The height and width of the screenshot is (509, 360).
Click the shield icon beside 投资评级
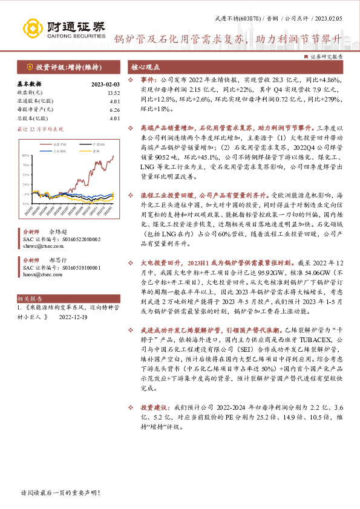(29, 67)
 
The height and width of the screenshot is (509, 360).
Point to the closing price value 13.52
(113, 92)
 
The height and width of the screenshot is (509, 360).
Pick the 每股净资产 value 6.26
(113, 109)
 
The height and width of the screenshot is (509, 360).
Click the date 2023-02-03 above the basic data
(105, 84)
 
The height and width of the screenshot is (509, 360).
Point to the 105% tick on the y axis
(27, 155)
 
